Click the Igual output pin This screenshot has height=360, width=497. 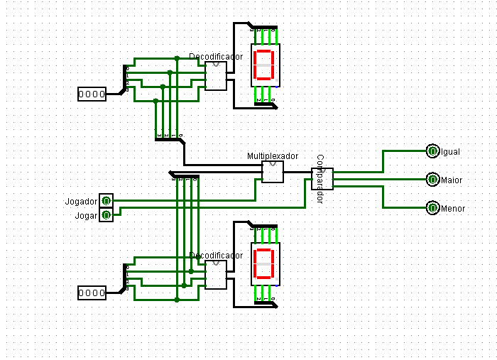[432, 151]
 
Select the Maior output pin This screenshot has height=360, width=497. [432, 180]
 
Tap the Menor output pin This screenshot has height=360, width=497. [432, 208]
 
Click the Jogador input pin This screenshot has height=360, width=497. [106, 202]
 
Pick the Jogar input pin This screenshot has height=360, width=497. [106, 214]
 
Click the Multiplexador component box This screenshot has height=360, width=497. [273, 172]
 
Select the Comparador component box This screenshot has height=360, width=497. [322, 179]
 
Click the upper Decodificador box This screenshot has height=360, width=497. [215, 76]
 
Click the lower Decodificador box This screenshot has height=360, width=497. [215, 275]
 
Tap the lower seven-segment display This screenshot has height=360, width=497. [264, 263]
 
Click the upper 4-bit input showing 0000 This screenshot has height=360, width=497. [92, 94]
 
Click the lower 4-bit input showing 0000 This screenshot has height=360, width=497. [92, 293]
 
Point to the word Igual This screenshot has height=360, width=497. [451, 152]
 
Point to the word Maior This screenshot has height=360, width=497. [452, 180]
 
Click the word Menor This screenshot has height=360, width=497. [453, 209]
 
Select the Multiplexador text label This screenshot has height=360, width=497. [273, 156]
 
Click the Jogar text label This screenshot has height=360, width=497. [86, 215]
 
